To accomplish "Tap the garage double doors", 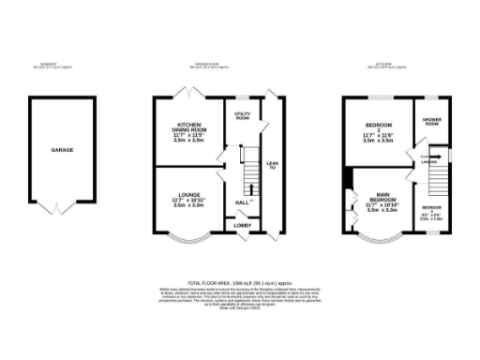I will [63, 207].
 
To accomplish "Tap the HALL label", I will [241, 202].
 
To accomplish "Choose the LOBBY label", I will [241, 226].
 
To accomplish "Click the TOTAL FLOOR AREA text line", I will [240, 281].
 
